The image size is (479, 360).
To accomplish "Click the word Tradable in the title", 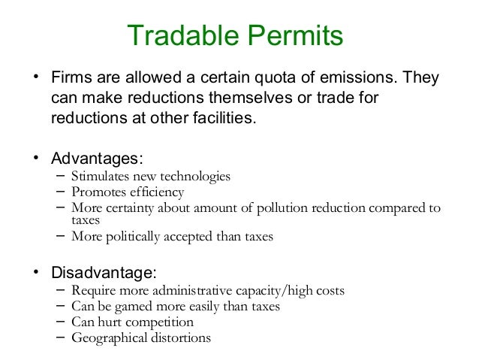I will coord(174,35).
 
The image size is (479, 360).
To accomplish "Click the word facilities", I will coord(225,118).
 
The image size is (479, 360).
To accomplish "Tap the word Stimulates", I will coord(101,177).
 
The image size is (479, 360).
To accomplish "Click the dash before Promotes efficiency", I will coord(60,192).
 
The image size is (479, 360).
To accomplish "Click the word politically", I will coord(132,237).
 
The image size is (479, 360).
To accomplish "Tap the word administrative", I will coord(195,292).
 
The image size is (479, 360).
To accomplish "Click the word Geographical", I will coord(107,337).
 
